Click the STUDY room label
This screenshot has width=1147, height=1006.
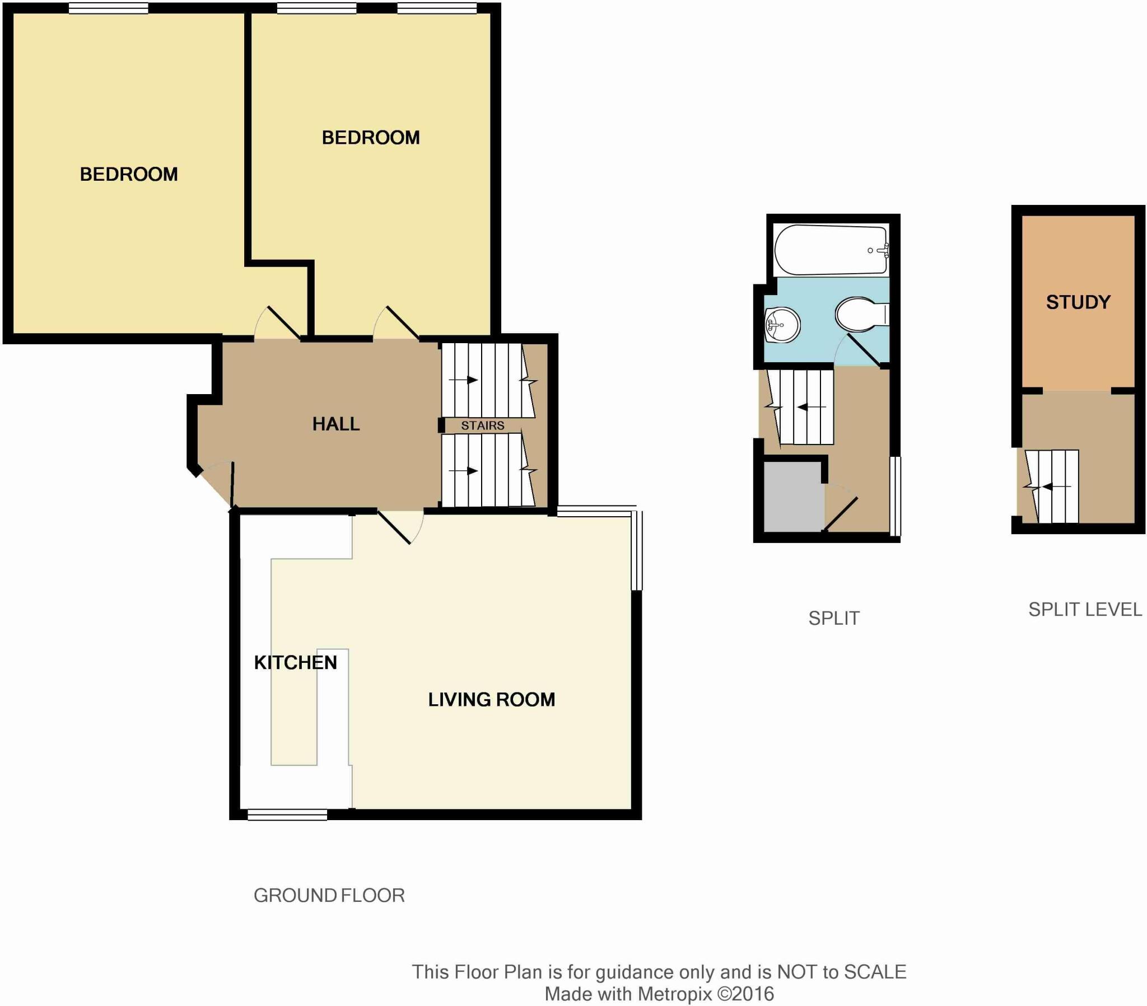(1078, 302)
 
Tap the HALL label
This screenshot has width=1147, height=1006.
(335, 424)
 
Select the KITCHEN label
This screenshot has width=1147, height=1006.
(295, 663)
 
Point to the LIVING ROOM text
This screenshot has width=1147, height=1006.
(491, 699)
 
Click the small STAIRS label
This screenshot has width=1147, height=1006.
(482, 425)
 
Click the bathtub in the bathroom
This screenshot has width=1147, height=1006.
(831, 250)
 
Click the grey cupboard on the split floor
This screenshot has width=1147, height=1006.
(793, 497)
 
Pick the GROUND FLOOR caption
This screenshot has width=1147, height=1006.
(329, 896)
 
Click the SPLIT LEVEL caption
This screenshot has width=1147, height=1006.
(1084, 609)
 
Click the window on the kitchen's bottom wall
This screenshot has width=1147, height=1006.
(287, 814)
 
